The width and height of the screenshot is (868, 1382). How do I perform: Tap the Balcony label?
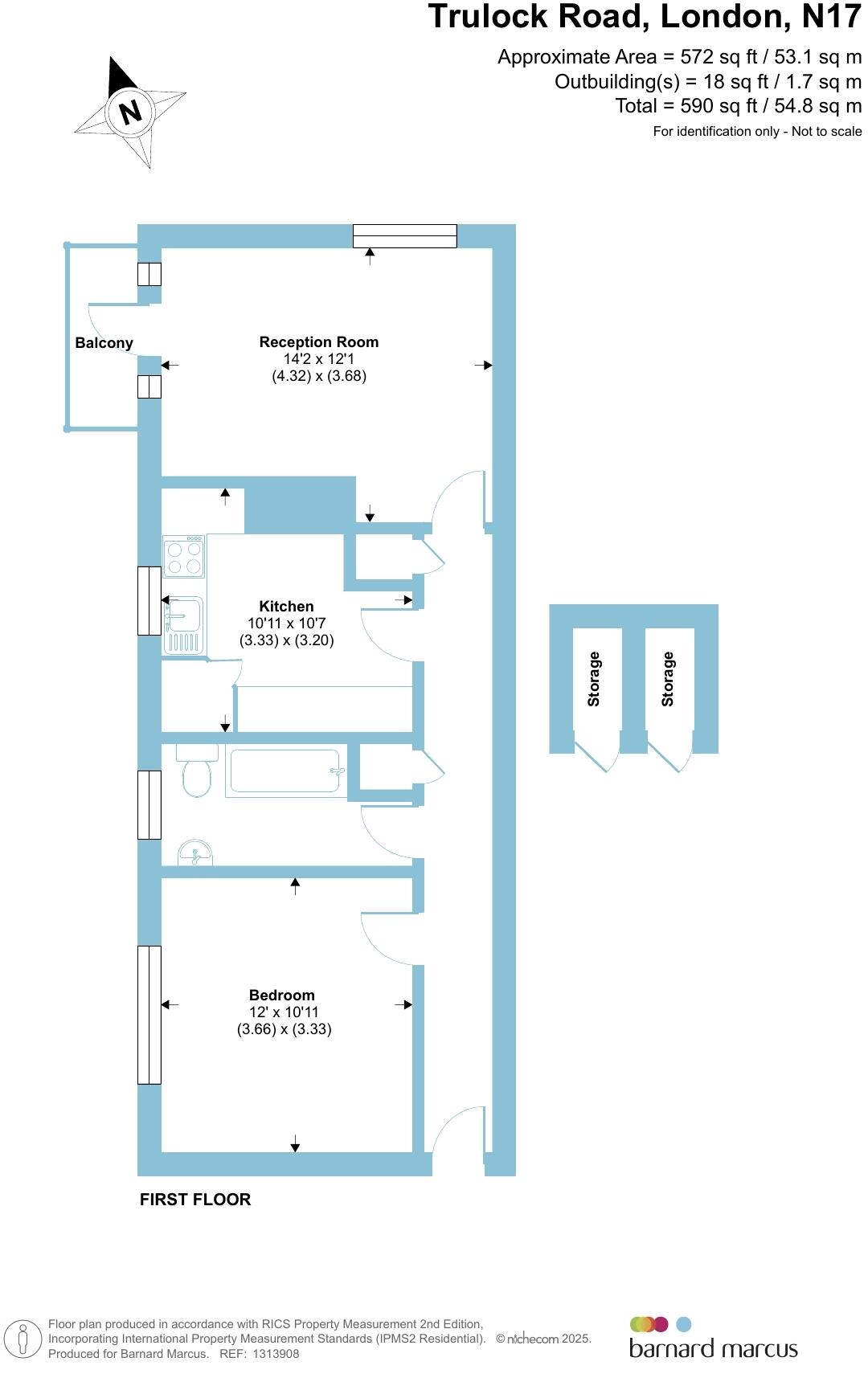(x=104, y=343)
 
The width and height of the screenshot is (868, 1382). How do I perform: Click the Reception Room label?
(x=318, y=342)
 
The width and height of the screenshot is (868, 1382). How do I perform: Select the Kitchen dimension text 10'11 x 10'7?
(x=286, y=624)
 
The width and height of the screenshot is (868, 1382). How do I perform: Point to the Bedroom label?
(x=281, y=995)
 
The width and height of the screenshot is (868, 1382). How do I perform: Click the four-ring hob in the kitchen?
(x=183, y=557)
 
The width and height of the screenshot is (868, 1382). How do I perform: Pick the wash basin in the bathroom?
(x=195, y=853)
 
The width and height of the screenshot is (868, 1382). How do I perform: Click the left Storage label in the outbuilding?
(x=594, y=679)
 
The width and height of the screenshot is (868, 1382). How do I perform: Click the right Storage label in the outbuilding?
(x=668, y=679)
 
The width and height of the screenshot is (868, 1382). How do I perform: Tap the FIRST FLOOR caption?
(x=195, y=1200)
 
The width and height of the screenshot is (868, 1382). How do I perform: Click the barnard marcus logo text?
(x=713, y=1348)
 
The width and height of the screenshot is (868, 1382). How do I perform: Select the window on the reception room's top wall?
(x=405, y=235)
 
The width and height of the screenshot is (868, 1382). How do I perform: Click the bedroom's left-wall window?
(x=149, y=1015)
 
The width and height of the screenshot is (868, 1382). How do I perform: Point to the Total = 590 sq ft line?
(x=738, y=106)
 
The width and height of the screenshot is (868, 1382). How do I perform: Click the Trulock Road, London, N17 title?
(x=644, y=18)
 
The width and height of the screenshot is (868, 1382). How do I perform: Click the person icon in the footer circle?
(x=23, y=1339)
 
